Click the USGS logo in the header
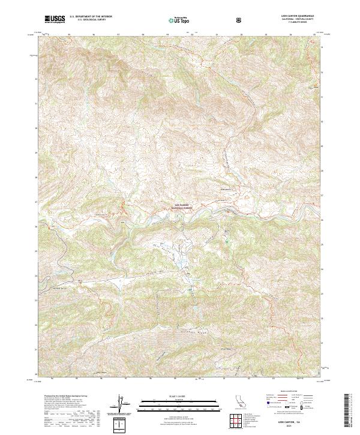click(55, 20)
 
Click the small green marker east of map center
click(227, 242)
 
